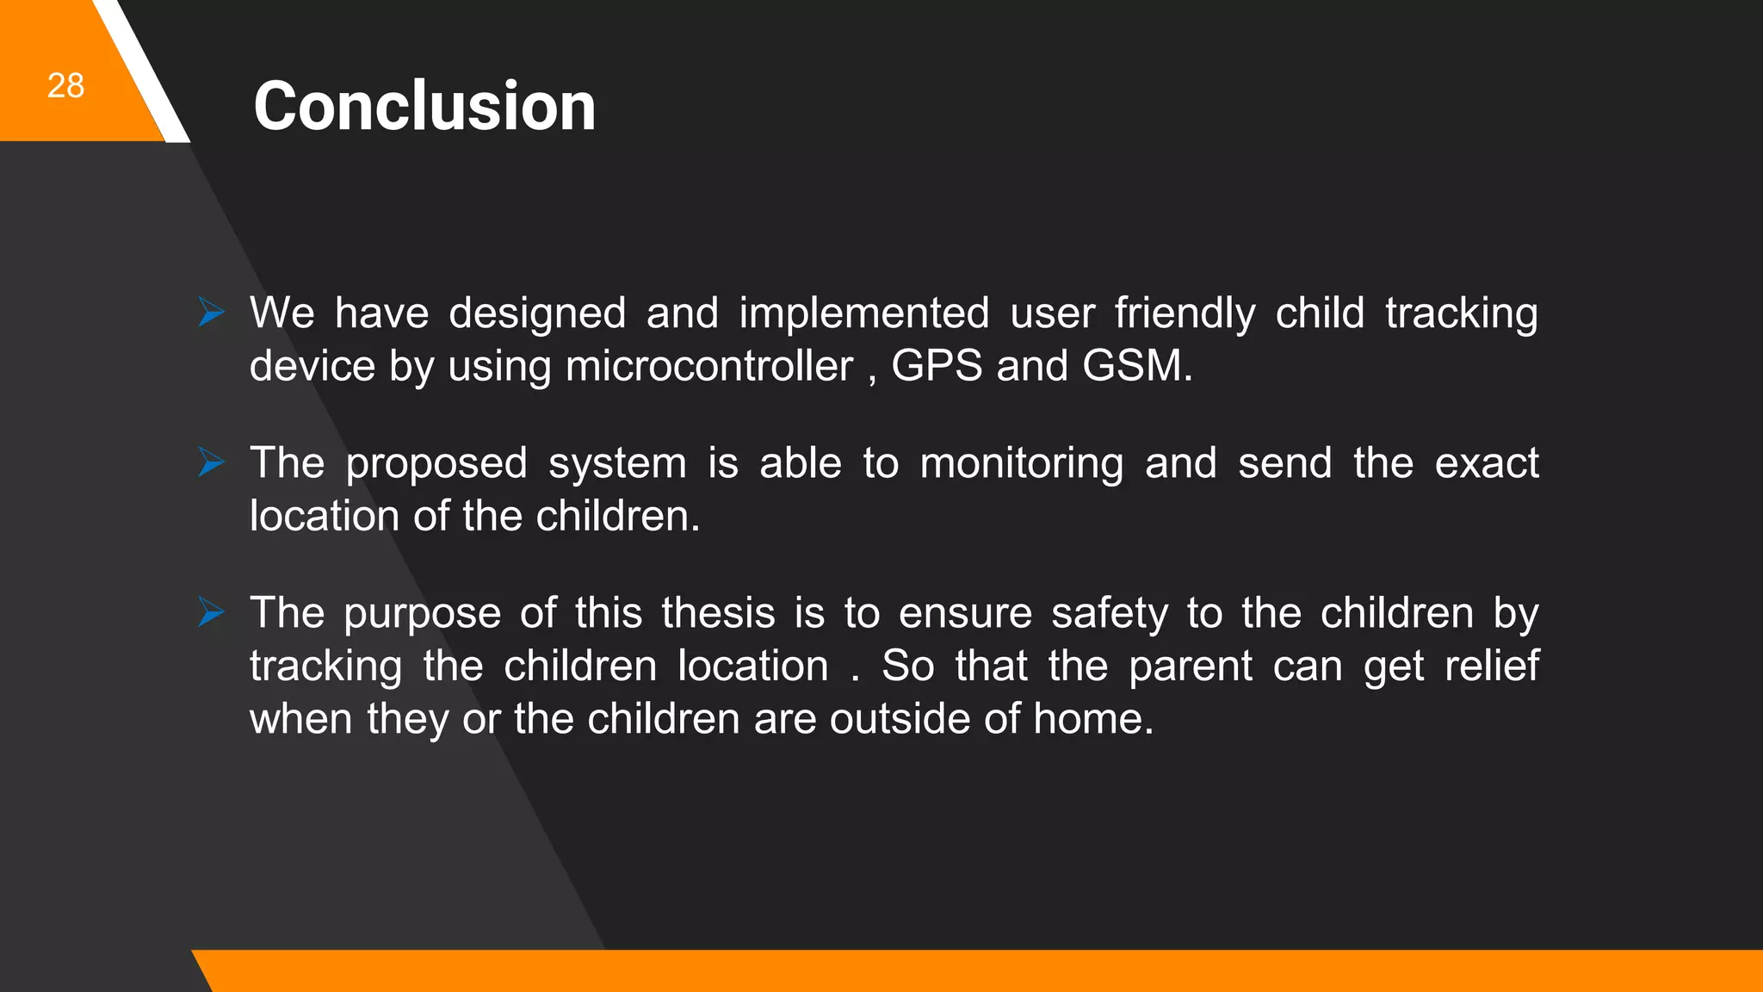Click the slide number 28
point(65,86)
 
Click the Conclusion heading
point(424,106)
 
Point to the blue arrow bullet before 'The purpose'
point(211,612)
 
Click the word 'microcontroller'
point(708,366)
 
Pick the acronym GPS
point(937,365)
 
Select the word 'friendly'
point(1185,313)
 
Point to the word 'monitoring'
point(1021,463)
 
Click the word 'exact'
point(1487,463)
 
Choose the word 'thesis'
point(718,613)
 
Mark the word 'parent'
point(1190,666)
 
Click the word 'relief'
point(1491,666)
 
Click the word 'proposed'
point(436,464)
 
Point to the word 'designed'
point(537,313)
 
